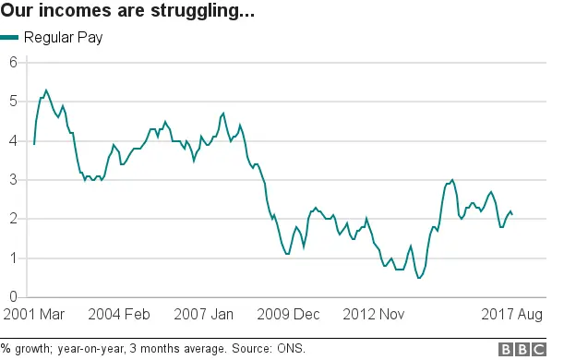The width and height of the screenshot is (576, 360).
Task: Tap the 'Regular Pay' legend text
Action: coord(64,38)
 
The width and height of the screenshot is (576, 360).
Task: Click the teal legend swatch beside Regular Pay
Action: coord(9,38)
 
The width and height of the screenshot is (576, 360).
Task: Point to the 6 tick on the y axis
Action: coord(13,63)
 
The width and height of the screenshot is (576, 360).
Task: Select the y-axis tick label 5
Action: coord(13,102)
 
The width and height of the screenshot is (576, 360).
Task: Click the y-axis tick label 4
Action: coord(13,141)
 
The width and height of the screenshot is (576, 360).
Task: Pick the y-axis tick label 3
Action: coord(13,180)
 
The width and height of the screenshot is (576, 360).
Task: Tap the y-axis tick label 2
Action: coord(13,220)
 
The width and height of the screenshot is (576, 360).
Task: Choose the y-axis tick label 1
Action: coord(13,258)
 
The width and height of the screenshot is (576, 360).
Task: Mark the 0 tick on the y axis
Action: coord(13,297)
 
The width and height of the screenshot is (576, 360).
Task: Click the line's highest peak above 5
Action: coord(46,90)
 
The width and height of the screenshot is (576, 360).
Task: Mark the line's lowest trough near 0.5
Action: coord(419,278)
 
